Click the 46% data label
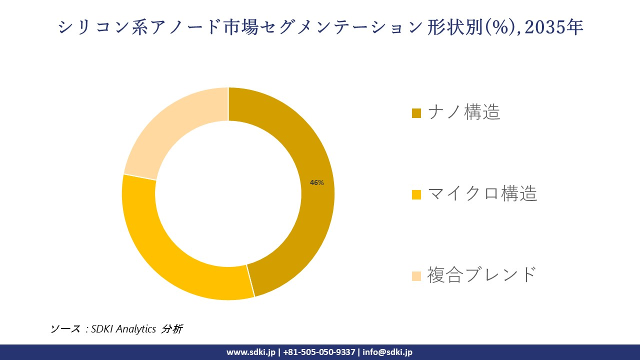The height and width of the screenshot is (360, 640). (x=316, y=183)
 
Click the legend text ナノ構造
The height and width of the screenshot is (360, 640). (x=464, y=112)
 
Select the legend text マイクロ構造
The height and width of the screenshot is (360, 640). (x=482, y=193)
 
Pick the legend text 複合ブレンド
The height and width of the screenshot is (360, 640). (x=481, y=274)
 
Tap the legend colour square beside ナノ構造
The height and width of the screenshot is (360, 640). (x=416, y=113)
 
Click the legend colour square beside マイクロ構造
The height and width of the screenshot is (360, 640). (x=416, y=194)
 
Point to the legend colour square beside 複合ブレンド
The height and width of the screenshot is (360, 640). (x=416, y=275)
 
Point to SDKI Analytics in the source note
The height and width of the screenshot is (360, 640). (x=123, y=329)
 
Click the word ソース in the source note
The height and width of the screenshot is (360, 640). (x=65, y=329)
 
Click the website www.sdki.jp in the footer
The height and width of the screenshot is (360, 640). (x=250, y=352)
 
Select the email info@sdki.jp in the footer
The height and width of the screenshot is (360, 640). (x=387, y=352)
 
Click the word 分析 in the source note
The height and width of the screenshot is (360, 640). (x=172, y=329)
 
